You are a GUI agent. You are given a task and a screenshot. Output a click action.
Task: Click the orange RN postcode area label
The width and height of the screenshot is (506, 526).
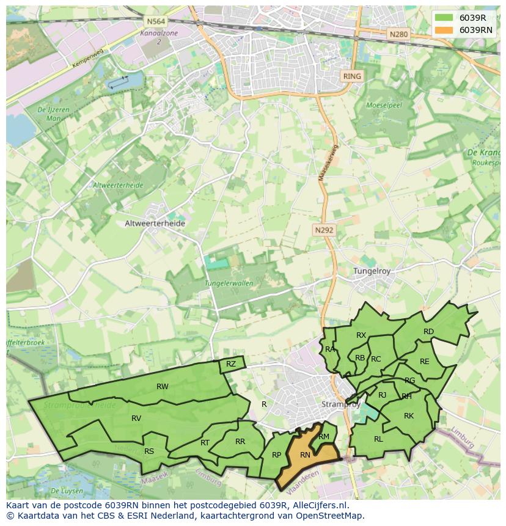(305, 455)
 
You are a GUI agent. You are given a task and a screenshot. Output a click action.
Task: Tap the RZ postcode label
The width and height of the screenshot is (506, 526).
(231, 364)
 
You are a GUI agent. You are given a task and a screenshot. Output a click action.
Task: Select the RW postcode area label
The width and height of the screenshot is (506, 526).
(163, 386)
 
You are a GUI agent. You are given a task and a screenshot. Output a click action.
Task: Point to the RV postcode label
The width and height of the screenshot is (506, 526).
(136, 418)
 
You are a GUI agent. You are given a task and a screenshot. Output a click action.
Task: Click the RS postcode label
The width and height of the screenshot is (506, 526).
(149, 451)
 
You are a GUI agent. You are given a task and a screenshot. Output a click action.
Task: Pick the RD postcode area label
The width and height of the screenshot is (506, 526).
(428, 332)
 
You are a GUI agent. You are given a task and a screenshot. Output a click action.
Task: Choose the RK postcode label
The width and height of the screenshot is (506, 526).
(409, 416)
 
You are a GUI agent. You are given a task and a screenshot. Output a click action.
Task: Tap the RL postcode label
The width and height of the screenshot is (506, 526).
(378, 439)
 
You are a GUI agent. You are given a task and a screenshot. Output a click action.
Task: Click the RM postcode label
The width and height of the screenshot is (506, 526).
(324, 436)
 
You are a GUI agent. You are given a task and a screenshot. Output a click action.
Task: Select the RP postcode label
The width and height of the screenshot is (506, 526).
(276, 455)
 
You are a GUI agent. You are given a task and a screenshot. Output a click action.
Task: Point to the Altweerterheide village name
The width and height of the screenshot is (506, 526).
(155, 224)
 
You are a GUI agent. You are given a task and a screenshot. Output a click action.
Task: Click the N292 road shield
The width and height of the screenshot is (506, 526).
(324, 230)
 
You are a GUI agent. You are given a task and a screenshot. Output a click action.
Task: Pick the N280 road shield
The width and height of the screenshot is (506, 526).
(398, 34)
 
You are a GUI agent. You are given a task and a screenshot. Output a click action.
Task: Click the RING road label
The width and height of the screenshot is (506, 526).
(352, 76)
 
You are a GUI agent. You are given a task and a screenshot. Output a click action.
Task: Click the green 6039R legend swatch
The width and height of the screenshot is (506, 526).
(444, 17)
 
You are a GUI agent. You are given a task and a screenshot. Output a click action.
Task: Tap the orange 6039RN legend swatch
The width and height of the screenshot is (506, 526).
(444, 30)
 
